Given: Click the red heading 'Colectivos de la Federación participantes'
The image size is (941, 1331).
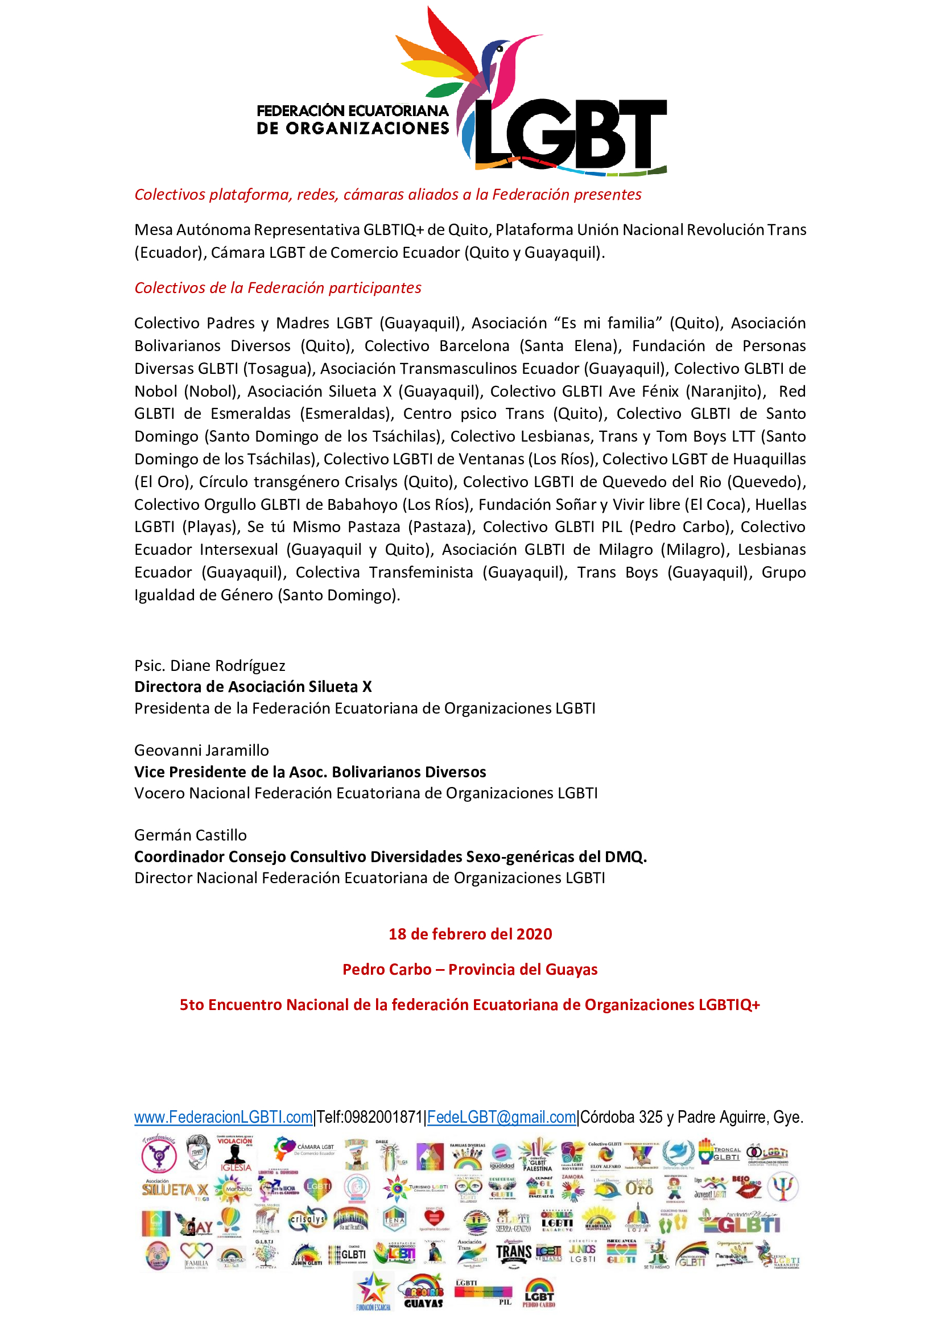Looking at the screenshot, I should (278, 288).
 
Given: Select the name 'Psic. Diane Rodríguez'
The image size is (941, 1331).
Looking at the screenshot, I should (210, 666).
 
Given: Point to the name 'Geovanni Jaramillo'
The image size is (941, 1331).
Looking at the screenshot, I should (201, 750).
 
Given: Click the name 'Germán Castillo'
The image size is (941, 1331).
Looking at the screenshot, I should (191, 835).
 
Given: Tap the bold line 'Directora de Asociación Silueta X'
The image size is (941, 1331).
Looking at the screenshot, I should (253, 687).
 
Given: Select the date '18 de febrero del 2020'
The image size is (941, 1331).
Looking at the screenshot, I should (470, 934).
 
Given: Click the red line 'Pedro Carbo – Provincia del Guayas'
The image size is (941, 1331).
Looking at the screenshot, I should (470, 969).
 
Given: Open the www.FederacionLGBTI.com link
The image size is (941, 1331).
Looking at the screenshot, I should (223, 1117).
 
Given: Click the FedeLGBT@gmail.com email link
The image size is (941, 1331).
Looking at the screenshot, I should (502, 1117).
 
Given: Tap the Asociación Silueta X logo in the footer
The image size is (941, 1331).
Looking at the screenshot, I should (175, 1189).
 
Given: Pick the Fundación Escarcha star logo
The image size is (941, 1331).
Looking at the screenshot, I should (373, 1291).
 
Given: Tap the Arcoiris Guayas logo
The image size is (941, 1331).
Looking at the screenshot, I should (424, 1291).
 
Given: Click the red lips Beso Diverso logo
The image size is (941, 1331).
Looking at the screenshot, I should (747, 1187).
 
